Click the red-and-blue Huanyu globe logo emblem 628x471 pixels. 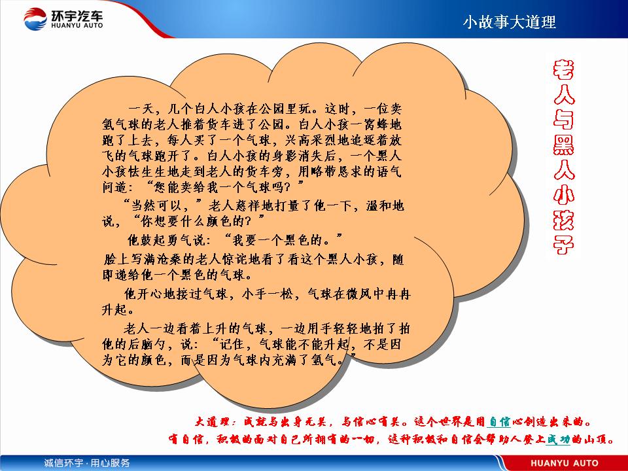click(35, 18)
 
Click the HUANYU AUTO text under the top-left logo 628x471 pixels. click(77, 26)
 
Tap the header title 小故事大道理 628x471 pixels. click(510, 22)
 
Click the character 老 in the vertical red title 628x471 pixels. click(563, 70)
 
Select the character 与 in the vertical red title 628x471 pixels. click(563, 119)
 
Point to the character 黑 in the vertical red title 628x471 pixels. click(563, 144)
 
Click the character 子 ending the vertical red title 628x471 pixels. click(563, 244)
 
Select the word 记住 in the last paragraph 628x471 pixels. click(232, 344)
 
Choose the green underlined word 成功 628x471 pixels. click(558, 440)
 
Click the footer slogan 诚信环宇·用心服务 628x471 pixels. click(86, 463)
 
